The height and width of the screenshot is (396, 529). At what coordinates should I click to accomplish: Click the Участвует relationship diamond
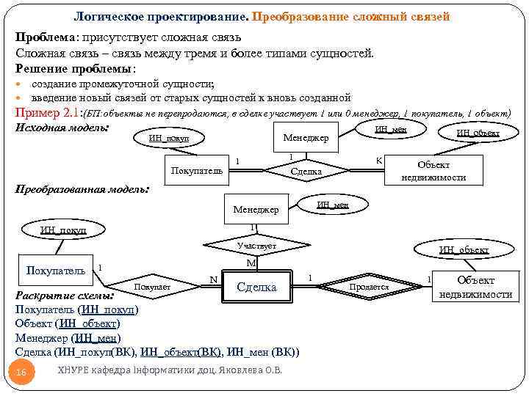(256, 246)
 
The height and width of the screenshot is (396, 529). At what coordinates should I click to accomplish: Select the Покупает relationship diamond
(154, 287)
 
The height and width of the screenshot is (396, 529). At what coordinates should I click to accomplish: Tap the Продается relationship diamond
(369, 287)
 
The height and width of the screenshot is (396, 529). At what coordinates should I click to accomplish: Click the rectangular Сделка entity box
(256, 287)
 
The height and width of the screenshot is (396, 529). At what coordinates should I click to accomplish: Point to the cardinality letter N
(213, 279)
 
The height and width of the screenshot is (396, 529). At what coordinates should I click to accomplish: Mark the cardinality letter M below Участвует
(251, 263)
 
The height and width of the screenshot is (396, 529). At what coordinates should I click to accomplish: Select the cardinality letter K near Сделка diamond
(378, 160)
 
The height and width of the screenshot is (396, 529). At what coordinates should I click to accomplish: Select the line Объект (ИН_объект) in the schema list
(67, 323)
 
